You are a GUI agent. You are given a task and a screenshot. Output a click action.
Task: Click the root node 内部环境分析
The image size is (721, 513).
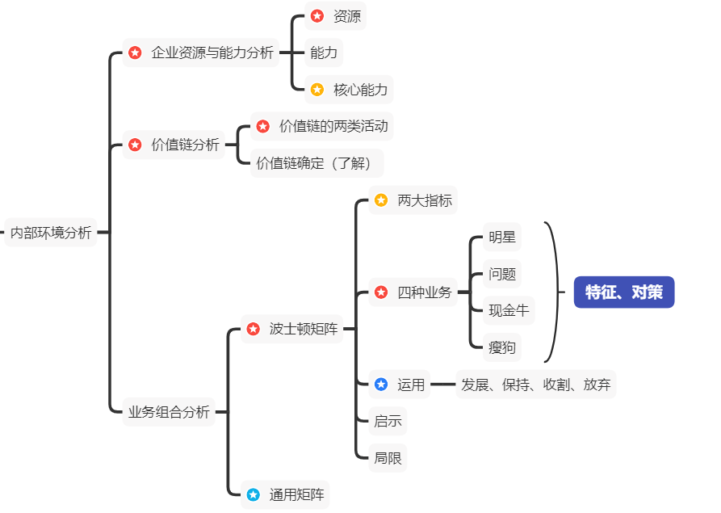pos(50,233)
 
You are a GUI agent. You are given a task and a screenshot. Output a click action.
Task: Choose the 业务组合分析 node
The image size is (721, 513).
pos(168,412)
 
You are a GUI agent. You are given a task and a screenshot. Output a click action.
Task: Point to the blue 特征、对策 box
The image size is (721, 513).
pos(623,292)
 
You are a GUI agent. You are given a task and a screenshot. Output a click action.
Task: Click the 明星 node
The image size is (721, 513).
pos(501,238)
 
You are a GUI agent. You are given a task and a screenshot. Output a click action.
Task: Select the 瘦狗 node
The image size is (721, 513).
pos(501,348)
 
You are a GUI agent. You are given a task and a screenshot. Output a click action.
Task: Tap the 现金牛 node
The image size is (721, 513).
pos(508,310)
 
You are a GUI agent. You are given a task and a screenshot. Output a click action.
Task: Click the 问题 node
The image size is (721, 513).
pos(501,274)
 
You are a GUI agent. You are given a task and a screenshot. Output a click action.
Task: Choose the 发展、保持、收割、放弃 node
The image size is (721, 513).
pos(535,385)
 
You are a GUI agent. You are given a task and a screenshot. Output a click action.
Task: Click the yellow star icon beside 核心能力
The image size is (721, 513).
pos(317,90)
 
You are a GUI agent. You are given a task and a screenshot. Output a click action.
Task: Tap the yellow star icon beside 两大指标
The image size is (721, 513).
pos(381,200)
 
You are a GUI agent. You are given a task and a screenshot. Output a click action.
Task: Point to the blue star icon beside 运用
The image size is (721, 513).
pos(381,385)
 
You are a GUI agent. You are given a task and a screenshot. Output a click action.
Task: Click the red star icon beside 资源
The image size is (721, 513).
pos(317,16)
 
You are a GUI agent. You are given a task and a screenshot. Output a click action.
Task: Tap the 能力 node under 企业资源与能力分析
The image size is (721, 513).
pos(324,53)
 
